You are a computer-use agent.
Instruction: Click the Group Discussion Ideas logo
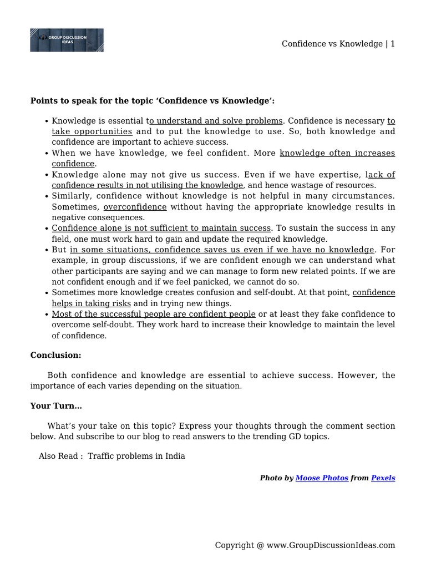(x=67, y=40)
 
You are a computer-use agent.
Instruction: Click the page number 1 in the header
(x=393, y=44)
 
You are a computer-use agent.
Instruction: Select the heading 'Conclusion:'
(x=55, y=355)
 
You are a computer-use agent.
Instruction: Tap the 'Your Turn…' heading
(x=56, y=406)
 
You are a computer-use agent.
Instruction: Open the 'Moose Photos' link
(x=322, y=478)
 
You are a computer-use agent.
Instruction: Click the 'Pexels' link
(x=383, y=478)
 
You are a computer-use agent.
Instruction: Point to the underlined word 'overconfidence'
(x=135, y=207)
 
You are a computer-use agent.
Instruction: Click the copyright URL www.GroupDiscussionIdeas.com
(x=331, y=545)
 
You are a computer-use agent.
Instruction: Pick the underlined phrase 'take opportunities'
(x=92, y=131)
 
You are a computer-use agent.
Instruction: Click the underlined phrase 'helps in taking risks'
(x=92, y=303)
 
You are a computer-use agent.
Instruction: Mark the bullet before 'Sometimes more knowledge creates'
(x=47, y=293)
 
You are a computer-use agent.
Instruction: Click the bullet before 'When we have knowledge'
(x=47, y=153)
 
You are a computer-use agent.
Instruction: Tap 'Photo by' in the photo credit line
(x=276, y=478)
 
